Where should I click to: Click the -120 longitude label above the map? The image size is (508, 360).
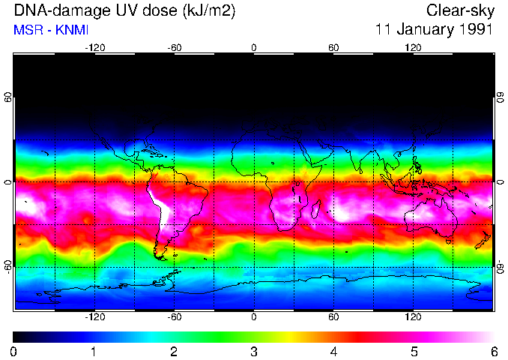click(94, 47)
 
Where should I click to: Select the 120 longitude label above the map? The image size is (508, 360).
click(413, 47)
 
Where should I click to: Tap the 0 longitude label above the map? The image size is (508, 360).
click(254, 47)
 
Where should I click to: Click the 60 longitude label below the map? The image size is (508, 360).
click(333, 316)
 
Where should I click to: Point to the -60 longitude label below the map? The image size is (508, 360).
click(174, 316)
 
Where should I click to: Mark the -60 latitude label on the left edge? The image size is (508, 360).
click(9, 267)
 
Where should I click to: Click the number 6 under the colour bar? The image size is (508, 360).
click(493, 351)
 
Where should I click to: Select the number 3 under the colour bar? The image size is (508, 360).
click(253, 351)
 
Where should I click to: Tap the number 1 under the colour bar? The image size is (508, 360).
click(94, 351)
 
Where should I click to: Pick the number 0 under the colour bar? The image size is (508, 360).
click(14, 351)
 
